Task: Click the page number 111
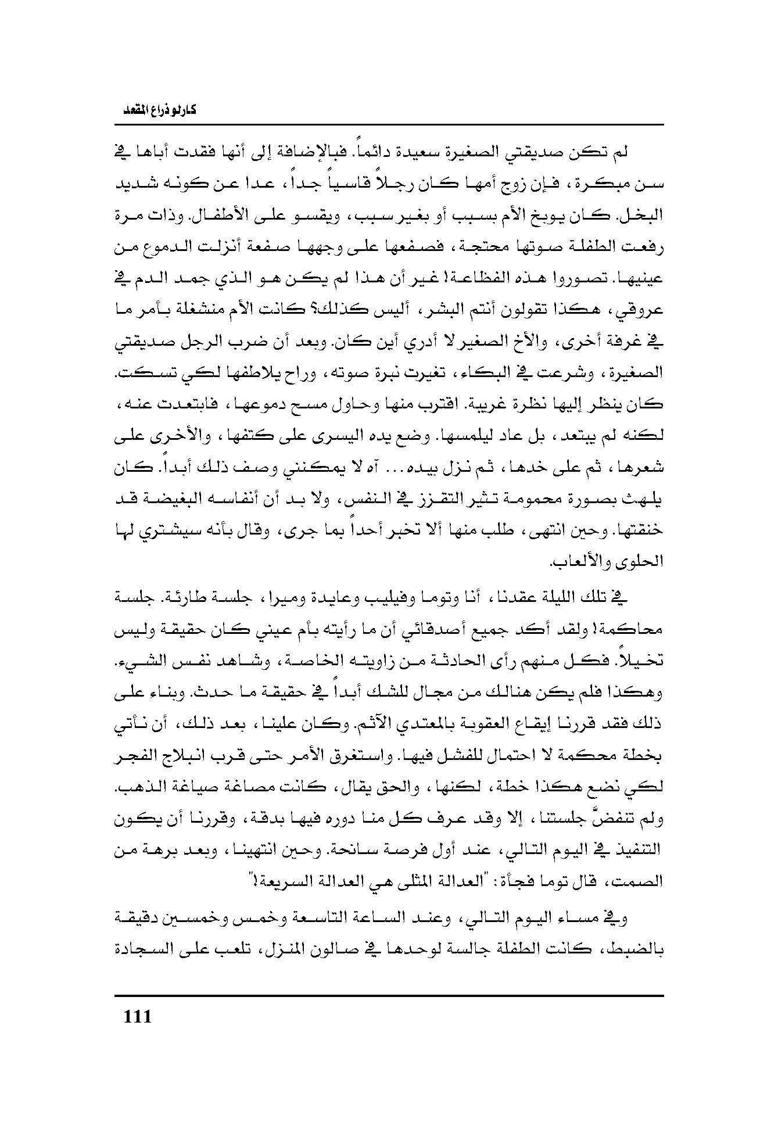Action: [138, 1017]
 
